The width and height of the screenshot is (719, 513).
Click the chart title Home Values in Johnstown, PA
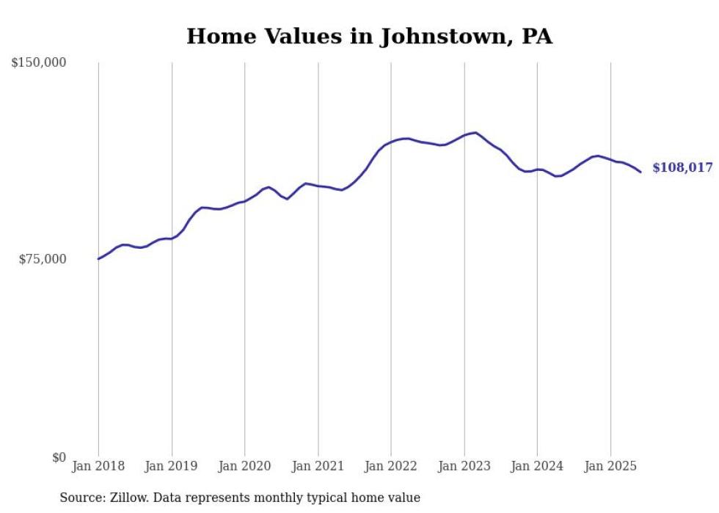click(369, 36)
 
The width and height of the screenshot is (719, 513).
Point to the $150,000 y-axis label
click(39, 63)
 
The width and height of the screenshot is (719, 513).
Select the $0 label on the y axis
click(59, 457)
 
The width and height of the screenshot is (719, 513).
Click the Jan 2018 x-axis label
click(98, 466)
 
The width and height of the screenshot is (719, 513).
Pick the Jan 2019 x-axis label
click(172, 466)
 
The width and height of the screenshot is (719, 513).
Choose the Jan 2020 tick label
click(245, 466)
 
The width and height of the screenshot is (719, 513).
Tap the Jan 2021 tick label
click(318, 466)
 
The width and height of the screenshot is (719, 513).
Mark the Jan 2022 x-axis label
click(391, 466)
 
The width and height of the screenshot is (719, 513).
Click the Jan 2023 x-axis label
click(464, 466)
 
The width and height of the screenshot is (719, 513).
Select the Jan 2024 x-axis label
click(537, 466)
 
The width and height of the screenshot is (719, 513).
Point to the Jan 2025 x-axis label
click(610, 466)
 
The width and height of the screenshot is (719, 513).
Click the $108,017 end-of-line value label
click(682, 168)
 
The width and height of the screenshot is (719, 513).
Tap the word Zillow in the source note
click(127, 498)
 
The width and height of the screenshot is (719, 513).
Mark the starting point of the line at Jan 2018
click(98, 258)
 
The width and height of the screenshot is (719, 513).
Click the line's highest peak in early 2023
click(476, 133)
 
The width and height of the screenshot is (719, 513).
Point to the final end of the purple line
click(641, 172)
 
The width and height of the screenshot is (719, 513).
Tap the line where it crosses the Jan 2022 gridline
click(391, 141)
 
